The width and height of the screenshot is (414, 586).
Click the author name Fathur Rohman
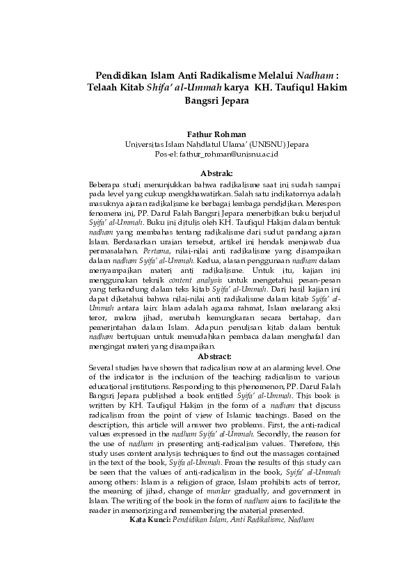[x=207, y=134]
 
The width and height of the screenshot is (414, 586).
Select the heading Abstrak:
[x=207, y=173]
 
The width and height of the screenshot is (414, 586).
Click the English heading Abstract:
[x=207, y=356]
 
